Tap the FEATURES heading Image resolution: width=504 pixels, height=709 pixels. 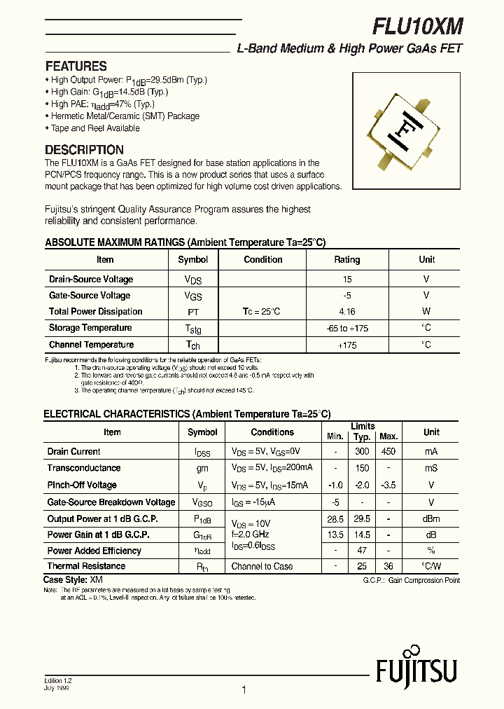[x=76, y=67]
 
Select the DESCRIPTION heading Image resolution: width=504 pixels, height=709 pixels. [x=84, y=149]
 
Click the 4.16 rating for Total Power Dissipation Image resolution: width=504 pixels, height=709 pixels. [x=346, y=312]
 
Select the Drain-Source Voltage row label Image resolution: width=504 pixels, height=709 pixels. [x=91, y=279]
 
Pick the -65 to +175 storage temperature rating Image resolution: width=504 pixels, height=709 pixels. [x=346, y=328]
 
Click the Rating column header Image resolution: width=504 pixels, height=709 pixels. [x=346, y=259]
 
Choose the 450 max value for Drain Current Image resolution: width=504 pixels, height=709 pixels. [x=388, y=452]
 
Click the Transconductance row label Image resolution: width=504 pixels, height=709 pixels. [x=84, y=468]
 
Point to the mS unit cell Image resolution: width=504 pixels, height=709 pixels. [x=431, y=468]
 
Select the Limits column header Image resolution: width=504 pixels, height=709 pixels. [x=363, y=426]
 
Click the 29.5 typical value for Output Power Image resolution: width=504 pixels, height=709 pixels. [x=362, y=518]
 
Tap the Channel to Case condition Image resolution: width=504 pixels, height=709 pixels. [x=262, y=566]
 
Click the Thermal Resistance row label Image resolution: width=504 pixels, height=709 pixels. [x=86, y=566]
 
